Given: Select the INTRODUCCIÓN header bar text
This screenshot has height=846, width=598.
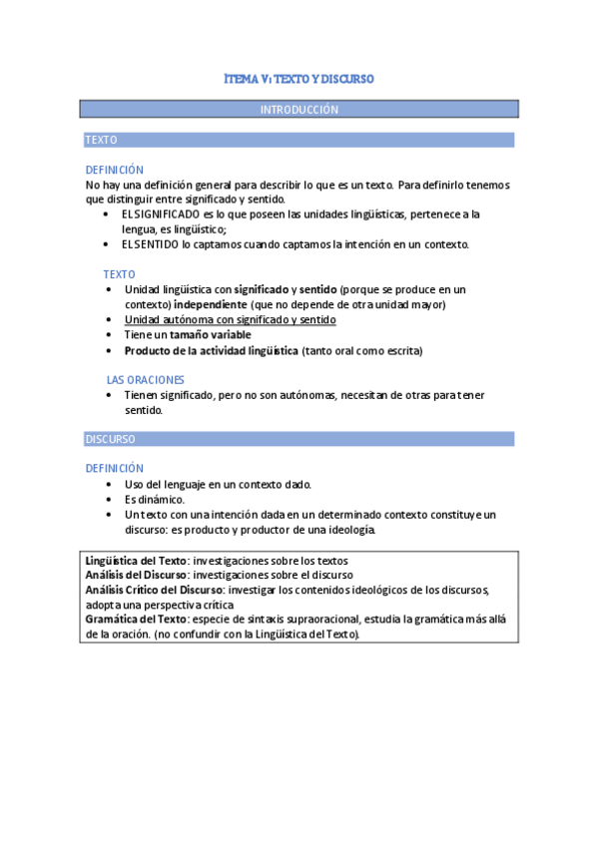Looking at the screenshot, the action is [x=299, y=109].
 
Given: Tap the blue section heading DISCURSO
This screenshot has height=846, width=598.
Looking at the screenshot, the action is [x=111, y=439].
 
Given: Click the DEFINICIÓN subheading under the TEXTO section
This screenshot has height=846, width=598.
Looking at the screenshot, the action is [x=115, y=170].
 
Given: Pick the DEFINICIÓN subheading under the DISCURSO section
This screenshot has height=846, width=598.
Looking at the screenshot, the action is [x=115, y=468].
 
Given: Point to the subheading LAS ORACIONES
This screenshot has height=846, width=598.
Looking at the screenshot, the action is [x=146, y=380].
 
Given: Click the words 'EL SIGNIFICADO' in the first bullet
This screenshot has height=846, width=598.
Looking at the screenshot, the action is [x=160, y=214].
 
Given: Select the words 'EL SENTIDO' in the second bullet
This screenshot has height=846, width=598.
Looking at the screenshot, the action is [x=151, y=244].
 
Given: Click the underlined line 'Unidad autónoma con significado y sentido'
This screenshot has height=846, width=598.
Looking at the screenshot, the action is [x=230, y=319].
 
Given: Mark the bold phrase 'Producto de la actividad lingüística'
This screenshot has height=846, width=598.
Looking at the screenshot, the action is [x=212, y=350].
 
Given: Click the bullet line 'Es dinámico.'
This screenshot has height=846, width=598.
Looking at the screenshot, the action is [x=155, y=499].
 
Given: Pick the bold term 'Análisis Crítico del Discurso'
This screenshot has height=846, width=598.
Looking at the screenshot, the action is [x=154, y=590].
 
